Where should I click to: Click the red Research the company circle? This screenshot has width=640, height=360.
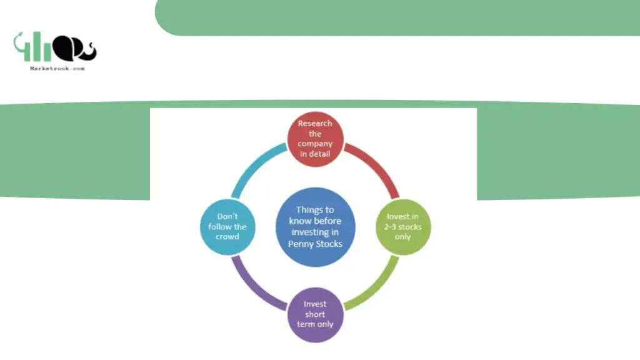315,139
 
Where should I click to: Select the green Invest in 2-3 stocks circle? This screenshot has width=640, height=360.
403,227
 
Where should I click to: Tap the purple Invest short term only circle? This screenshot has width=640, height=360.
315,315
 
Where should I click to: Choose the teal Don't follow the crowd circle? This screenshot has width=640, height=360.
227,227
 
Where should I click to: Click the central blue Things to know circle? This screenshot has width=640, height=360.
315,227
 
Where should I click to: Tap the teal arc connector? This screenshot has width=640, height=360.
252,164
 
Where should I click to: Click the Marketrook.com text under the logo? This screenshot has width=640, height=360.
57,69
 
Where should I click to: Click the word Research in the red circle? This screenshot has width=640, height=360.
315,123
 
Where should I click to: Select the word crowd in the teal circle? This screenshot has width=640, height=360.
227,237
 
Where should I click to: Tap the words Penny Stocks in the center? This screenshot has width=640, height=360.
315,244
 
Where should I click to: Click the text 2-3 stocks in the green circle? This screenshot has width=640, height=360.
403,227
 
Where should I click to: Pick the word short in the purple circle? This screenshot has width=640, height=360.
315,314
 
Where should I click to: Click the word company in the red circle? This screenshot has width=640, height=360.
315,144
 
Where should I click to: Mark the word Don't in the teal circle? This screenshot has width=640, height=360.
227,216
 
